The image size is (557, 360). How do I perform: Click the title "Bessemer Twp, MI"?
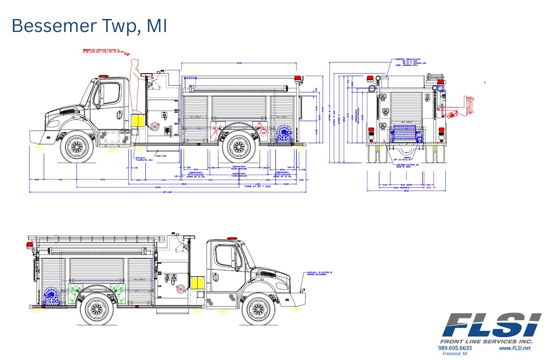[89, 26]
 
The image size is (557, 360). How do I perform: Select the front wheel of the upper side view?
[77, 146]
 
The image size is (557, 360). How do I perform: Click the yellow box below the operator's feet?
[138, 121]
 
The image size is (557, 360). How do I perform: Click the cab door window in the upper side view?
[110, 93]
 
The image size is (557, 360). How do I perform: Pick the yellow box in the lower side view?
[197, 283]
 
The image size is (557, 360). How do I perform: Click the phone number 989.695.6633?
[455, 348]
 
